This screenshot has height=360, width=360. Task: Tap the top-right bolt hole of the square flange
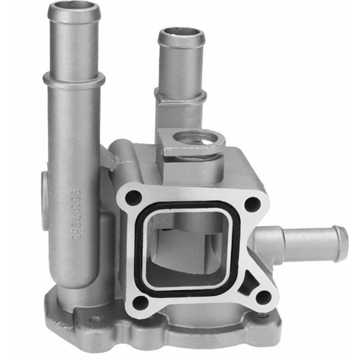pyautogui.click(x=251, y=204)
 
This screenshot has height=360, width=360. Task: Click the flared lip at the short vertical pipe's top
pyautogui.click(x=181, y=37)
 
